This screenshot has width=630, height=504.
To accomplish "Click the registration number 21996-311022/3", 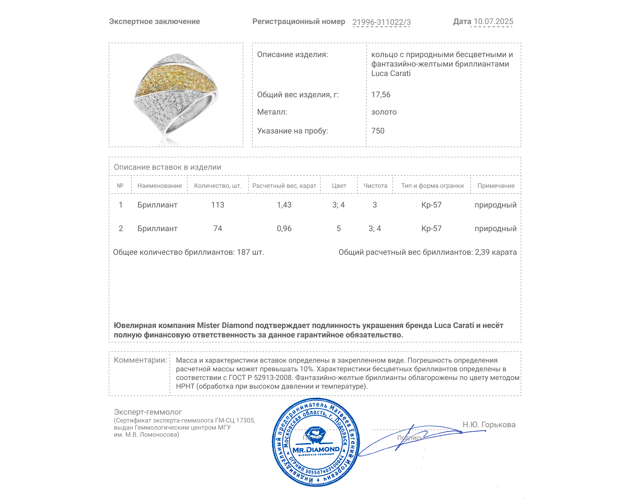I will pyautogui.click(x=381, y=22).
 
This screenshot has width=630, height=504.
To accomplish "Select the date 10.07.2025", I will pyautogui.click(x=493, y=22).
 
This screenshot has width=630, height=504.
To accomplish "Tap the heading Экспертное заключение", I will pyautogui.click(x=154, y=22).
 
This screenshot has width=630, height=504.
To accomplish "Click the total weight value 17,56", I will pyautogui.click(x=381, y=94).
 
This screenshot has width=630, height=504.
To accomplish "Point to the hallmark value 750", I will pyautogui.click(x=378, y=131).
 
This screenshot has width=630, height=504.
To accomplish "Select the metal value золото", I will pyautogui.click(x=384, y=112).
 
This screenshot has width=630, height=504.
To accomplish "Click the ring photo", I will pyautogui.click(x=176, y=95).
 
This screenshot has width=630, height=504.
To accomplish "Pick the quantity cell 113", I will pyautogui.click(x=217, y=205).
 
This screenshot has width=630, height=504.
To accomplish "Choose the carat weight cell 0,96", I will pyautogui.click(x=284, y=228).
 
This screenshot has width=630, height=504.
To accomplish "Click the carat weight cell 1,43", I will pyautogui.click(x=284, y=205).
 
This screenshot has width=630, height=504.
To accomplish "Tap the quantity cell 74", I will pyautogui.click(x=217, y=228).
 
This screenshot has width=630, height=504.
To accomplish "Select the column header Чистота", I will pyautogui.click(x=375, y=186).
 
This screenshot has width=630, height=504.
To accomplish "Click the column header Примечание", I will pyautogui.click(x=496, y=186).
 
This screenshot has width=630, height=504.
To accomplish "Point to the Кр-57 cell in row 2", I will pyautogui.click(x=431, y=228).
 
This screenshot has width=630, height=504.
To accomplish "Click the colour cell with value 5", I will pyautogui.click(x=338, y=228).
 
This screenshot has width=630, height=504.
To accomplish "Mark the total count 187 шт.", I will pyautogui.click(x=250, y=252).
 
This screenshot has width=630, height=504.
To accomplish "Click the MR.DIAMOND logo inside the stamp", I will pyautogui.click(x=316, y=449).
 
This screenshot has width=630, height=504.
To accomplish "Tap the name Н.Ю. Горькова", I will pyautogui.click(x=489, y=424).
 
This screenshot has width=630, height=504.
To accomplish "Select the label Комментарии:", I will pyautogui.click(x=140, y=360).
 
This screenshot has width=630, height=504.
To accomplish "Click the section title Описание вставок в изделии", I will pyautogui.click(x=167, y=167).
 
